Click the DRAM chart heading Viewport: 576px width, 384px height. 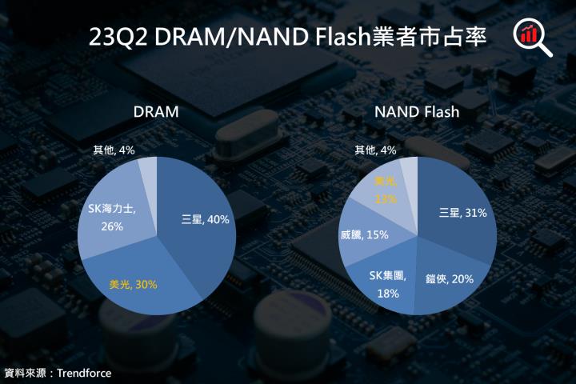pos(156,112)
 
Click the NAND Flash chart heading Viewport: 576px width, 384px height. pos(417,112)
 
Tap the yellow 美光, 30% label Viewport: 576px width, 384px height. pos(132,283)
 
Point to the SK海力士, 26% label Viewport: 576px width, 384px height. pos(112,217)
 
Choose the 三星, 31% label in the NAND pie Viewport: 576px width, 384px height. pos(462,213)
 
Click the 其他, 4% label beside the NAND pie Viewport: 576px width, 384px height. pos(375,150)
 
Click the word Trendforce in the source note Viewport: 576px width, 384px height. pos(84,373)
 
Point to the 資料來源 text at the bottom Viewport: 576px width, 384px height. pos(25,373)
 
